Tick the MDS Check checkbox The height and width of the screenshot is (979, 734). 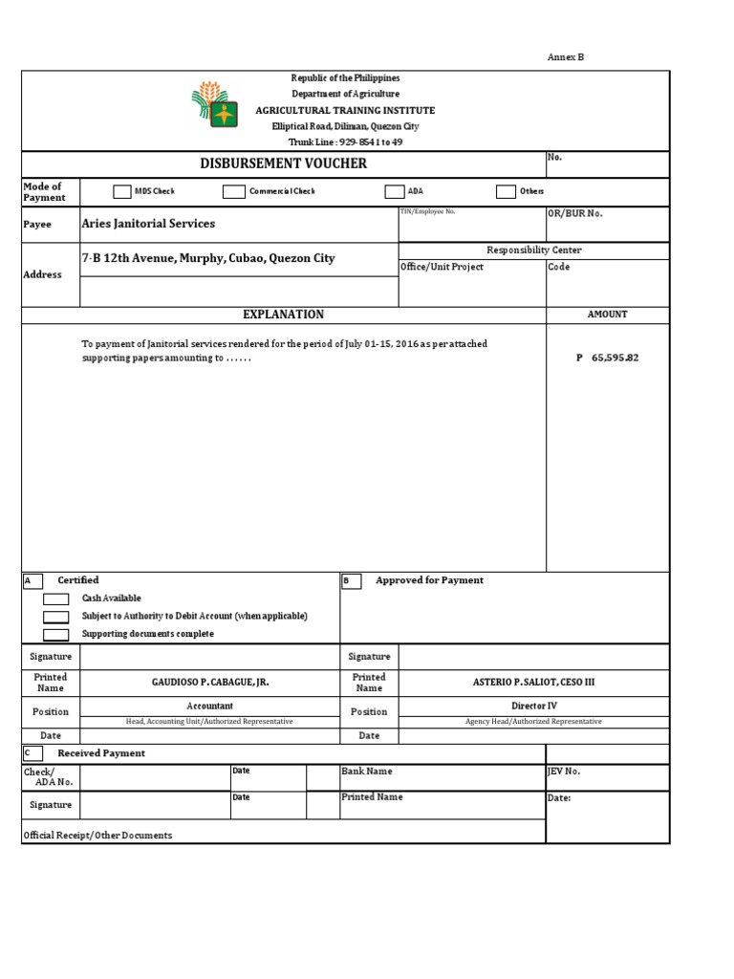point(121,191)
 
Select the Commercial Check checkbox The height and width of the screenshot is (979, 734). point(233,191)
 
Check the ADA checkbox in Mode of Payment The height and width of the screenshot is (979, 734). point(394,191)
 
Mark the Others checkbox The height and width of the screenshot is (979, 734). point(506,191)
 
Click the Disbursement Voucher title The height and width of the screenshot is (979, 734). point(283,163)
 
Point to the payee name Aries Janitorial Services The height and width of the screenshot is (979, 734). point(148,224)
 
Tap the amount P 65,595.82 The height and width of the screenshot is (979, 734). point(607,358)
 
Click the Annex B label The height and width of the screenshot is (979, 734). point(565,57)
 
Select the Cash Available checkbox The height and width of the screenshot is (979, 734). point(56,598)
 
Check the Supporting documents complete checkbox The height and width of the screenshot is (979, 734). point(56,635)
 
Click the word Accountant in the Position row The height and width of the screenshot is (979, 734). point(209,706)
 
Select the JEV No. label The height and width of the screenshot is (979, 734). point(563,771)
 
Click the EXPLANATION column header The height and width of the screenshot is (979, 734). point(283,315)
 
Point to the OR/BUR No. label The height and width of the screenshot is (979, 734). point(574,214)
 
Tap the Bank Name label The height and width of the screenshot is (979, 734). point(366,771)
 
